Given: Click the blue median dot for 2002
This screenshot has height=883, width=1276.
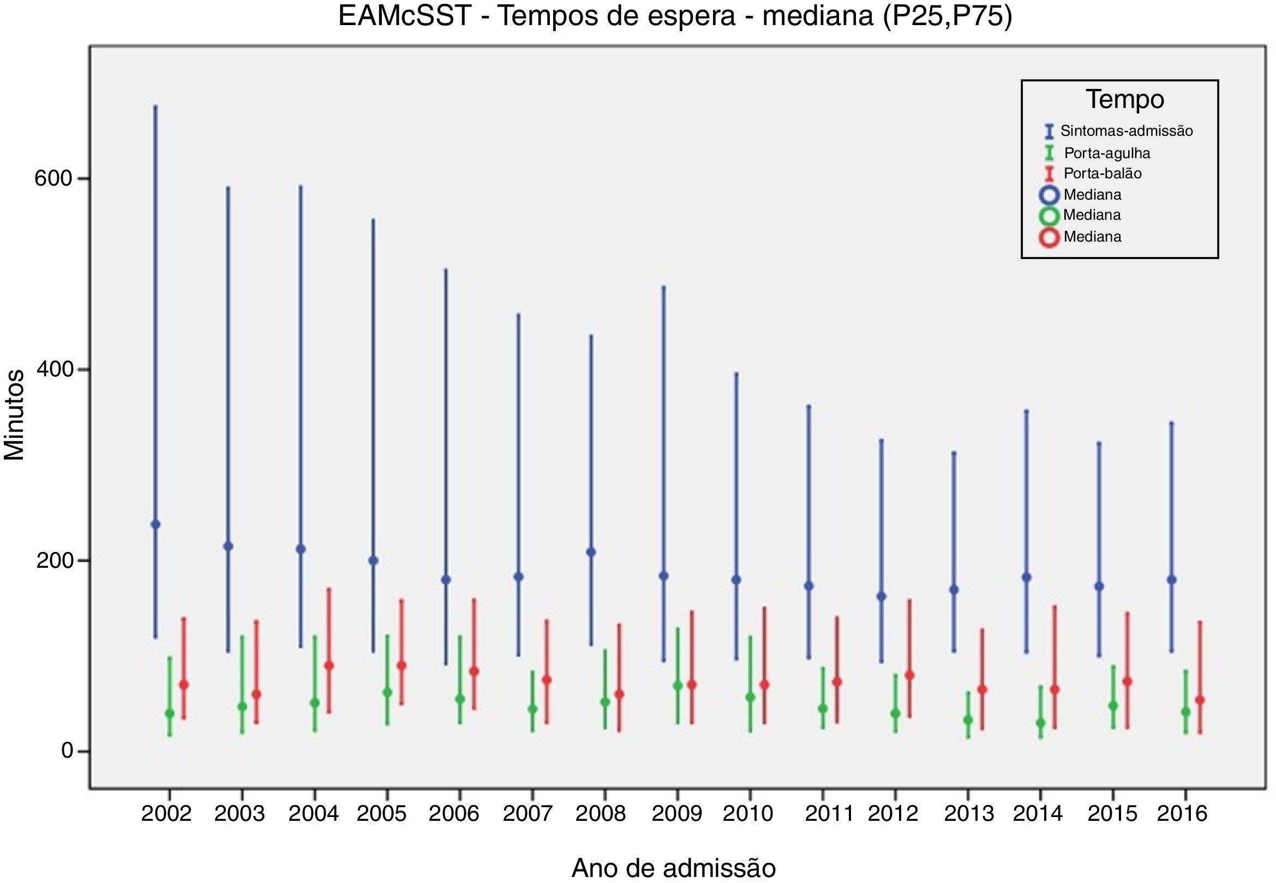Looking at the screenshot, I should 155,524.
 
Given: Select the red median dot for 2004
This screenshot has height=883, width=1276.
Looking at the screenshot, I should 330,665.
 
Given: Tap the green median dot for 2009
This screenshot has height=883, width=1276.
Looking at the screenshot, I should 678,686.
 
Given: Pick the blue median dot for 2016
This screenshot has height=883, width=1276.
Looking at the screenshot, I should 1171,579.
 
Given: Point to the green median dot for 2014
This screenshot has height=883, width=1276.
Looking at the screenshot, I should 1040,723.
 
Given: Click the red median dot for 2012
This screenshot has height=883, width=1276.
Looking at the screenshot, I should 910,675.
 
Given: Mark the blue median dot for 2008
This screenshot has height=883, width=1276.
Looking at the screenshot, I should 591,551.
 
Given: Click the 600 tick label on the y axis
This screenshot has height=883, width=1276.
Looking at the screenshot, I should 53,179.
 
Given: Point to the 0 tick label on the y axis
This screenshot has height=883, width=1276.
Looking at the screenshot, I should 68,751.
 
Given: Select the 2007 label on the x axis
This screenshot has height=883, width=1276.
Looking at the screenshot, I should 528,813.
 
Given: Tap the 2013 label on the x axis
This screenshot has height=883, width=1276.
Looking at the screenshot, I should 969,813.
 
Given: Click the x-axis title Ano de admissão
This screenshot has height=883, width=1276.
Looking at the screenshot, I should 673,868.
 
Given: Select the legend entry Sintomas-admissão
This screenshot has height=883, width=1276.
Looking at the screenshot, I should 1126,131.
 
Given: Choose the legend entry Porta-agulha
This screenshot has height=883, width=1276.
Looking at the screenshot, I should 1107,153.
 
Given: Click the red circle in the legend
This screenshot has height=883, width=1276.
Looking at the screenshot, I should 1049,238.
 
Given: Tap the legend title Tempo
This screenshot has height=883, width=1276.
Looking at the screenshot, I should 1125,100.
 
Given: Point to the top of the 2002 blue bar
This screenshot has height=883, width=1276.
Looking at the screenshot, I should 155,106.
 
